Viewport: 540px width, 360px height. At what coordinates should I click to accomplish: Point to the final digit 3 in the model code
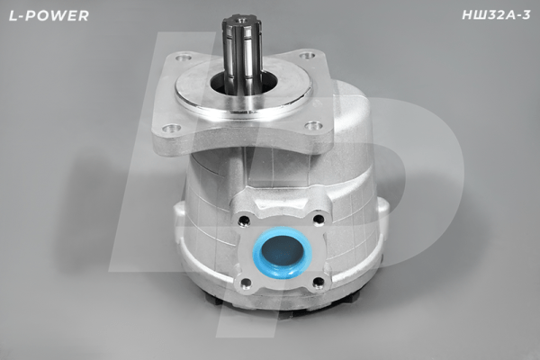pyautogui.click(x=527, y=16)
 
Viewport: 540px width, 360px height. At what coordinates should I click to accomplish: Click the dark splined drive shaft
pyautogui.click(x=242, y=54)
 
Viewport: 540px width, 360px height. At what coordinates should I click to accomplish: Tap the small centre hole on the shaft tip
pyautogui.click(x=242, y=16)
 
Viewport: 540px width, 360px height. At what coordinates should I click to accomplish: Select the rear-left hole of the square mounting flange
pyautogui.click(x=184, y=61)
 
